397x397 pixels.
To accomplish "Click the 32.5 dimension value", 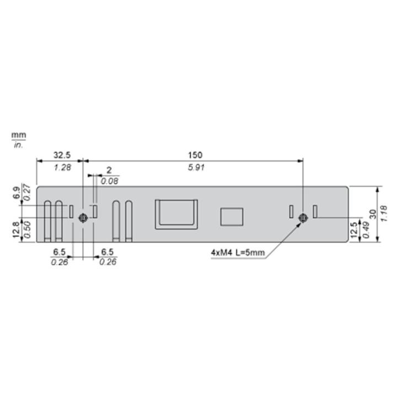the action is pos(62,155).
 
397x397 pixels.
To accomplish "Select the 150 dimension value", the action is pos(195,155).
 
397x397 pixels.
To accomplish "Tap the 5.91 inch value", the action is pos(196,168).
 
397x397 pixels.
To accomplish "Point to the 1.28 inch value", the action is pos(62,168).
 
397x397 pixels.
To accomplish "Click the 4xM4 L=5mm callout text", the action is pos(238,253).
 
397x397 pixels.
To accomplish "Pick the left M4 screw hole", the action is pos(83,218).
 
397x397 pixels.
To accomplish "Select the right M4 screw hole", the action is pos(303,218).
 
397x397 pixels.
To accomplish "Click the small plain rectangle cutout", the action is pos(232,217).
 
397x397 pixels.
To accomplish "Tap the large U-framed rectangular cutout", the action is pos(176,214).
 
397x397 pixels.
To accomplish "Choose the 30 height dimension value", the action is pos(373,214).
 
